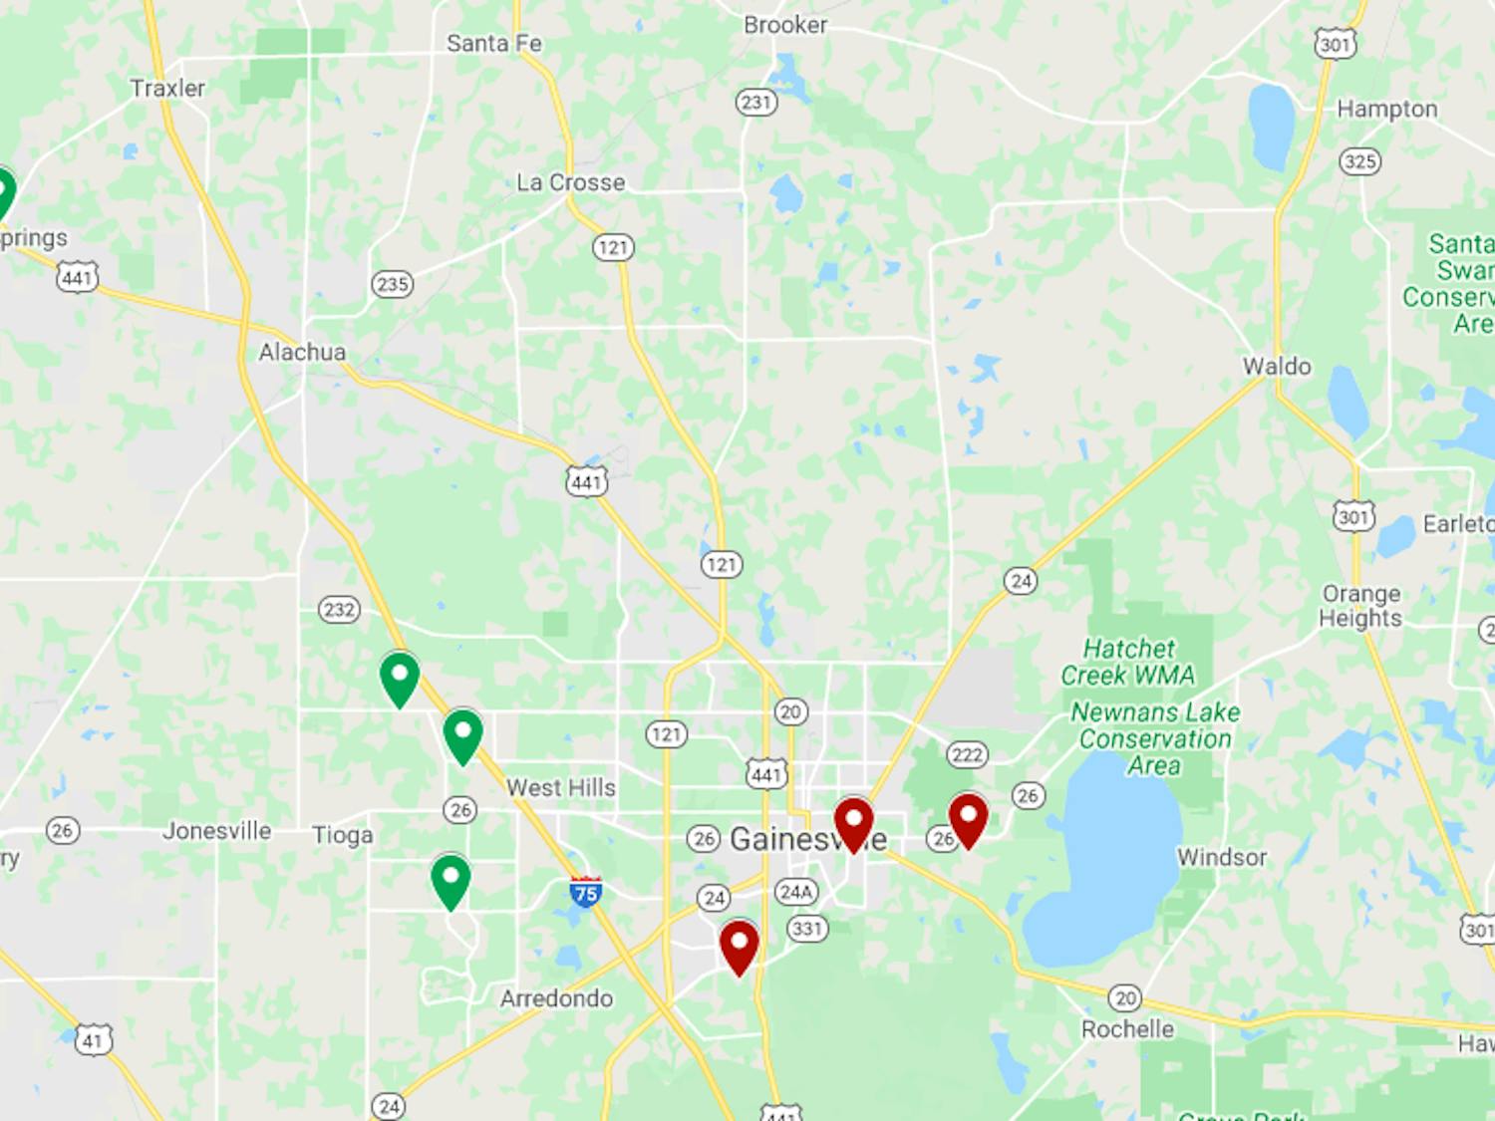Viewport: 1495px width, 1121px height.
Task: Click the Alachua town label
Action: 302,352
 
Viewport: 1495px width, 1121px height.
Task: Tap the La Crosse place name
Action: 571,182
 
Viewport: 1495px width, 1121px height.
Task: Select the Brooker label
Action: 785,25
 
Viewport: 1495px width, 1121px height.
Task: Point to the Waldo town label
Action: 1277,366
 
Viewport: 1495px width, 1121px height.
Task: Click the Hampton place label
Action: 1386,109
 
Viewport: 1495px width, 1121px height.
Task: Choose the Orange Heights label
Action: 1360,606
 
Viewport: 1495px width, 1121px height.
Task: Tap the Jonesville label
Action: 217,831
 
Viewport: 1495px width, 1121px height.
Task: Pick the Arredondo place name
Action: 556,998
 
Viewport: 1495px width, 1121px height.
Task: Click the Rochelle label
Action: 1127,1029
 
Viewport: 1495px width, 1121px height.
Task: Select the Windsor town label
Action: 1222,857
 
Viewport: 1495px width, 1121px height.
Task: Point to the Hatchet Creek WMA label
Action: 1128,662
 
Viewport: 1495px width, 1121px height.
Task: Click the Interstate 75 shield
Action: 586,892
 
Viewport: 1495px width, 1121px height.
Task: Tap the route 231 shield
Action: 756,102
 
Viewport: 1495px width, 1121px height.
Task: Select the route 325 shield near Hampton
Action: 1360,161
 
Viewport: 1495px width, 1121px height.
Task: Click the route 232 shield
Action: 339,609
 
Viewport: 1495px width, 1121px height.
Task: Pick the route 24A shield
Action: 796,891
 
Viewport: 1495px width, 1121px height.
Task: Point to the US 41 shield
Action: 93,1040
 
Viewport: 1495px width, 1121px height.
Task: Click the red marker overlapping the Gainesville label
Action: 853,822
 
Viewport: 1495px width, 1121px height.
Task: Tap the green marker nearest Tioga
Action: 450,880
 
